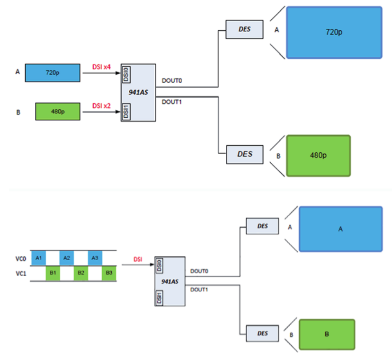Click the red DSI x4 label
coord(101,67)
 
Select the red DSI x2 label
coord(101,106)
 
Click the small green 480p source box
coord(58,112)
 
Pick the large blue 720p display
coord(334,32)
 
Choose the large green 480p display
coord(318,156)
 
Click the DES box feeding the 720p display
coord(244,30)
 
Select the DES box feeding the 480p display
coord(244,154)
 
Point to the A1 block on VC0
coord(38,258)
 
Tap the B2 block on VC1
coord(81,273)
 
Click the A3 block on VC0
coord(95,258)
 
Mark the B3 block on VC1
coord(109,273)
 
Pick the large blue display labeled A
coord(340,229)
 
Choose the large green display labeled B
coord(327,334)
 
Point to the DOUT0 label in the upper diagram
coord(171,81)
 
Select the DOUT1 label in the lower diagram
coord(199,289)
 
